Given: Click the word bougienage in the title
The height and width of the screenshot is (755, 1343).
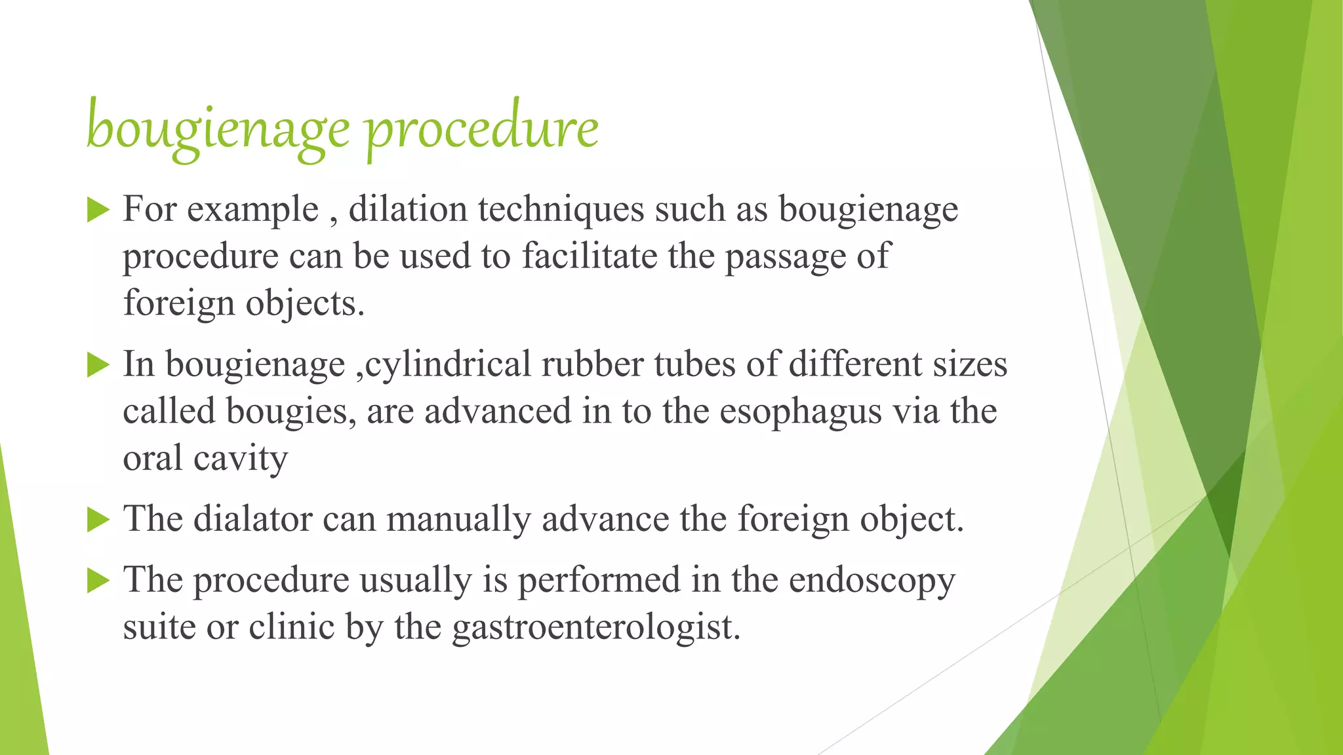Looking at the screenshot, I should tap(218, 128).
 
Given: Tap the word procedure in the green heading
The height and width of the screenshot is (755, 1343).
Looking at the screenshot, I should tap(482, 128).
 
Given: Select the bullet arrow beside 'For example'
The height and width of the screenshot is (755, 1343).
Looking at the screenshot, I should tap(98, 211).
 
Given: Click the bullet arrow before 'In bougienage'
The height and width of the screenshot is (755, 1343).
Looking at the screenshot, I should tap(98, 365).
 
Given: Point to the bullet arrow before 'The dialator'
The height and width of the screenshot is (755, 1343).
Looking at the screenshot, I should tap(98, 520).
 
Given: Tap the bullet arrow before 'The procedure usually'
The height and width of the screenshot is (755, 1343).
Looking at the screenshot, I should tap(98, 581).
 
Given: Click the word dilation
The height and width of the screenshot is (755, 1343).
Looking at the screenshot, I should tap(407, 210).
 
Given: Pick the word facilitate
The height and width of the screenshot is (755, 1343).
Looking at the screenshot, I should tap(590, 256).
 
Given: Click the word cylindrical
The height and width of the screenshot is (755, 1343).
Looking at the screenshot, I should tap(448, 365).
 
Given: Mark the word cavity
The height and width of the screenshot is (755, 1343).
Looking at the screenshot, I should tap(241, 458).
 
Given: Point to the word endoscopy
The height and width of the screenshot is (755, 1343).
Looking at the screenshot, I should tap(872, 581).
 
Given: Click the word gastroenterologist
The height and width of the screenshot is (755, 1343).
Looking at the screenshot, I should tap(596, 627).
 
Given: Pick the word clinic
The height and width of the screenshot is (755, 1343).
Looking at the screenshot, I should tap(292, 627).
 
